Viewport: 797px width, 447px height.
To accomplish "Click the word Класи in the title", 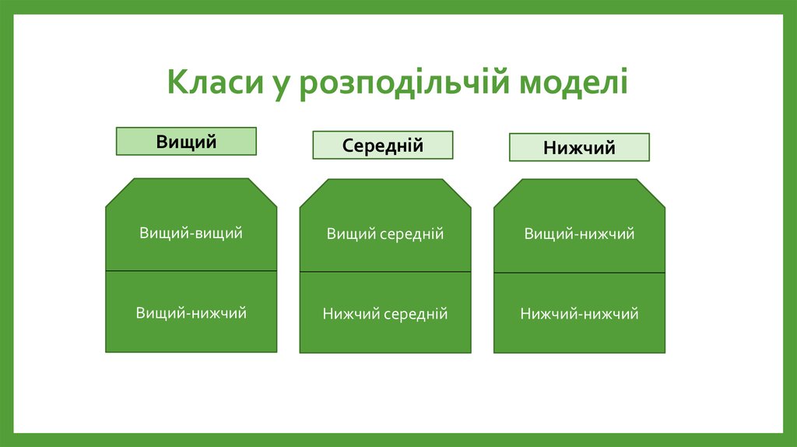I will pos(214,83).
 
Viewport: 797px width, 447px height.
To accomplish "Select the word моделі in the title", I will pos(574,83).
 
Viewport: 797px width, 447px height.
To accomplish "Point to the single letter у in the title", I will pos(280,86).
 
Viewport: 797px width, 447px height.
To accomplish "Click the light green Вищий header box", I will pos(186,141).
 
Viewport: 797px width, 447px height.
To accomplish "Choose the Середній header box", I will pos(382,146).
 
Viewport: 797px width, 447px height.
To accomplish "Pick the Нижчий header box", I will pos(579,147).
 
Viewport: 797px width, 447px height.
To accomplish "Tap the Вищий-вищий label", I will pos(191,233).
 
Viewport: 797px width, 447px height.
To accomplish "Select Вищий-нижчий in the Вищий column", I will pos(191,313).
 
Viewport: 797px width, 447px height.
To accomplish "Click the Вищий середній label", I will pos(384,234).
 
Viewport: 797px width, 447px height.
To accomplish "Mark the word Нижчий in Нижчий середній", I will pos(351,314).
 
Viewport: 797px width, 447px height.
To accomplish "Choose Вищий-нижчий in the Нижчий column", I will pos(579,234).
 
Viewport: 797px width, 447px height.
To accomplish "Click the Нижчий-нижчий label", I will pos(579,314).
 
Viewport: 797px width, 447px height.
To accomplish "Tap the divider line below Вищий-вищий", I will pos(191,271).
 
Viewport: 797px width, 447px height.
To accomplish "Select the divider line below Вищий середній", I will pos(384,272).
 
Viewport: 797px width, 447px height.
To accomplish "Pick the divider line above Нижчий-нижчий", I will pos(579,273).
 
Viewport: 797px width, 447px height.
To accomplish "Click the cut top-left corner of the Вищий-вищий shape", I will pos(119,192).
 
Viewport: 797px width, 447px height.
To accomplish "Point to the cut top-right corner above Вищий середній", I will pos(458,193).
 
